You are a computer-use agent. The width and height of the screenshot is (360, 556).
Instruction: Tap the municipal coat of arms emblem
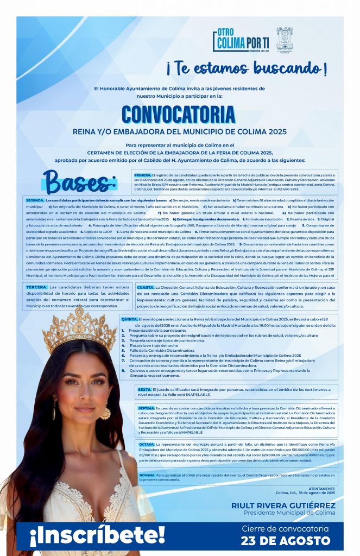285,40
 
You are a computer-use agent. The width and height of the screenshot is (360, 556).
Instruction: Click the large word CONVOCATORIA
179,114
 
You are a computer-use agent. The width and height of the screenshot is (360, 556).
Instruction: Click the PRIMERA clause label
142,175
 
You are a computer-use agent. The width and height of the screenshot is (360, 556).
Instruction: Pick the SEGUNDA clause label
35,200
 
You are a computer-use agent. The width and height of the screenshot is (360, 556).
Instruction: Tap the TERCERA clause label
37,287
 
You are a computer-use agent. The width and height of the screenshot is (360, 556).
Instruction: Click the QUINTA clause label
129,320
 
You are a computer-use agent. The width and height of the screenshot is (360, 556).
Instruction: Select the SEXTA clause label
144,389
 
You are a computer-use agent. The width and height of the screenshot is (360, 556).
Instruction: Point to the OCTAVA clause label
146,444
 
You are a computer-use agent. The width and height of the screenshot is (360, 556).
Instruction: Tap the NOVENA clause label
147,475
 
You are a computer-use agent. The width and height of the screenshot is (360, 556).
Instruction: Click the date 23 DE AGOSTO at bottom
286,541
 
